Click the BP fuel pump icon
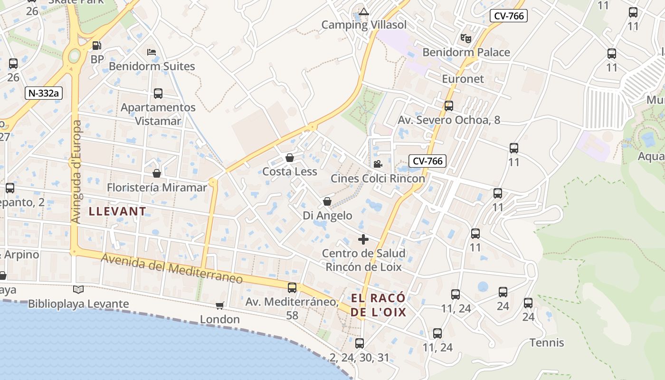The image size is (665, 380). tap(96, 46)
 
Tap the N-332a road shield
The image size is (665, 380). tap(44, 93)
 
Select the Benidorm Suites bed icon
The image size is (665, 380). tap(152, 52)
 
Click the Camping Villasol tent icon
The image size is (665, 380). tap(364, 12)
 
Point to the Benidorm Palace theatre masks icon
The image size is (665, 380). tap(465, 38)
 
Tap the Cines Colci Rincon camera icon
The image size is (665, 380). tap(378, 164)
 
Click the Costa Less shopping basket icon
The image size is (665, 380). tap(290, 158)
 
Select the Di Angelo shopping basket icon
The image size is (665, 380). tap(327, 202)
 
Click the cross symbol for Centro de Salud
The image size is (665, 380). tap(363, 239)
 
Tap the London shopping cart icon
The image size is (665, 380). tap(219, 305)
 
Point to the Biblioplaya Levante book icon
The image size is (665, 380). tap(78, 289)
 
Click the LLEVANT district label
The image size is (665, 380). tap(118, 211)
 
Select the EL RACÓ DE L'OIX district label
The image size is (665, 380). tap(379, 305)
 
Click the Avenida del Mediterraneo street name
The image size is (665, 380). tap(172, 268)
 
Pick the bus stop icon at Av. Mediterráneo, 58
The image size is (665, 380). tap(292, 288)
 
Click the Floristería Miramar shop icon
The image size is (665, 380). tap(157, 173)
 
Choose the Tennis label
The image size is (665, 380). tap(547, 342)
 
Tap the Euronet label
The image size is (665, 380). tap(463, 79)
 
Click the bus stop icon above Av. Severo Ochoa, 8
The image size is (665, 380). tap(449, 106)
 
